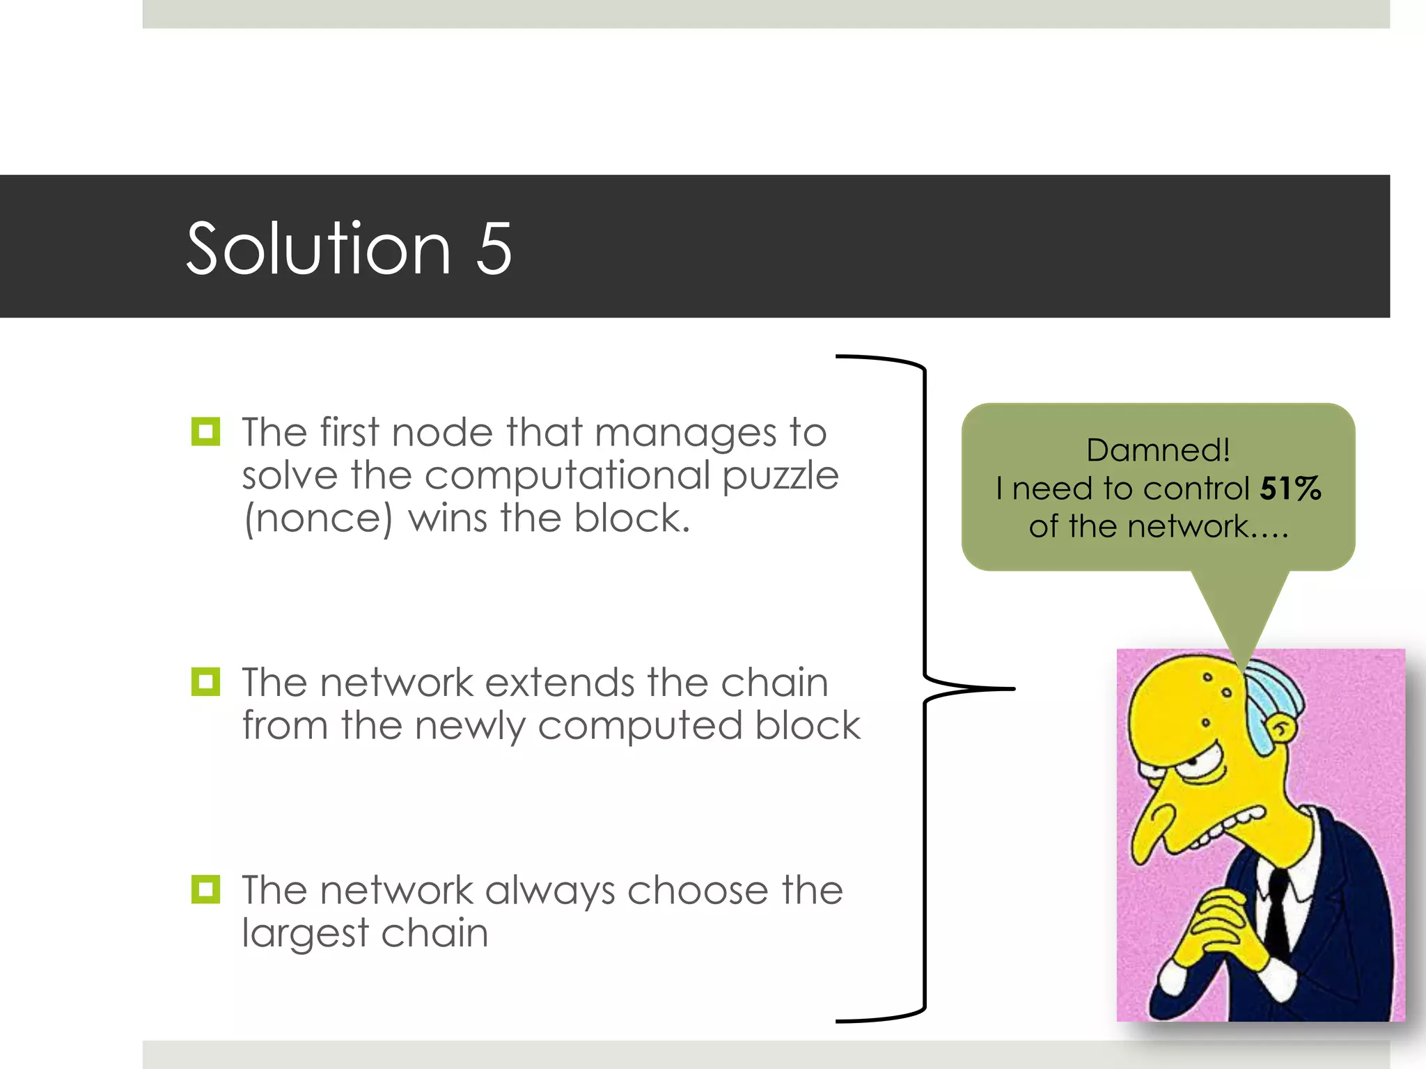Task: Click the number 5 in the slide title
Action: tap(494, 248)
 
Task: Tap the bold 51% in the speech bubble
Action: tap(1290, 488)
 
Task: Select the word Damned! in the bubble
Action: tap(1158, 450)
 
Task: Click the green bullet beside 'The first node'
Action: tap(205, 431)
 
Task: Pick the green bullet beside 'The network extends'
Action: tap(205, 681)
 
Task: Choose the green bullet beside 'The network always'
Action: tap(205, 889)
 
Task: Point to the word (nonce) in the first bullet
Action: tap(318, 519)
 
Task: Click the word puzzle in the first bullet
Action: tap(780, 476)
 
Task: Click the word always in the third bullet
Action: tap(549, 891)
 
